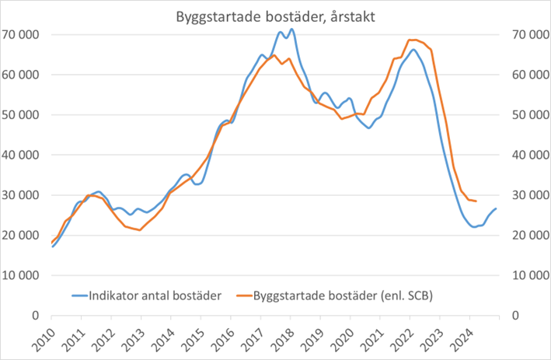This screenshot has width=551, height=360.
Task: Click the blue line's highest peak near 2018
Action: click(x=291, y=30)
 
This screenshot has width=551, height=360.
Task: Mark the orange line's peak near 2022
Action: click(x=411, y=40)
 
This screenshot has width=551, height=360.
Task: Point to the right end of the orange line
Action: click(x=476, y=201)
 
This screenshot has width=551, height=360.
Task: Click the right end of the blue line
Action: click(x=497, y=208)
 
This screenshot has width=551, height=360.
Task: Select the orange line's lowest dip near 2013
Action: click(x=140, y=230)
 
